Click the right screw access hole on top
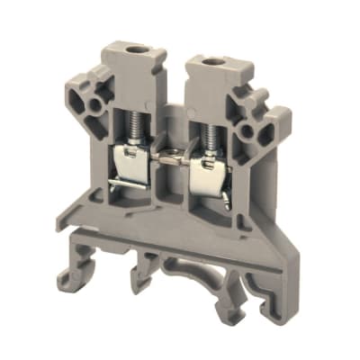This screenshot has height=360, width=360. (217, 63)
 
